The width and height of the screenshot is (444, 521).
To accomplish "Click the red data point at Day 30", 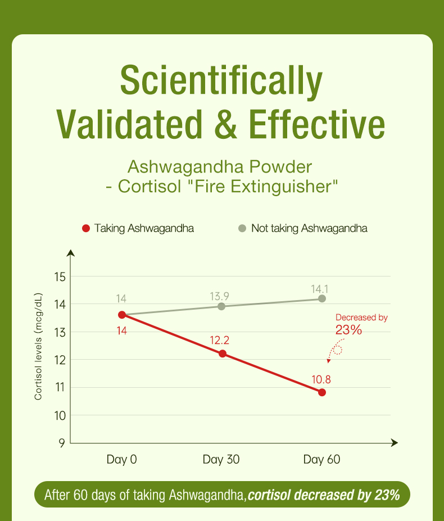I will pyautogui.click(x=223, y=354).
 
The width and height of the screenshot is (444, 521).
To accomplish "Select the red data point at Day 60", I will pyautogui.click(x=322, y=392).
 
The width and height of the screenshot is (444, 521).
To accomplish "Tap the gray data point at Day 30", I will pyautogui.click(x=221, y=306).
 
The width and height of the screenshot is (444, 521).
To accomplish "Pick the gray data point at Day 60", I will pyautogui.click(x=322, y=298).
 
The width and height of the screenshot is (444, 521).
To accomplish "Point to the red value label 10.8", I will pyautogui.click(x=320, y=379).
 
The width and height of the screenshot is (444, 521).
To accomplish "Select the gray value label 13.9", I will pyautogui.click(x=219, y=296).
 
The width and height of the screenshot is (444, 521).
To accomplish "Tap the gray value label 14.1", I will pyautogui.click(x=320, y=288).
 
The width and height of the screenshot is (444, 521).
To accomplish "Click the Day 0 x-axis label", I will pyautogui.click(x=122, y=460).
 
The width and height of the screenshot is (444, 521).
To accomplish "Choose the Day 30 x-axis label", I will pyautogui.click(x=221, y=460).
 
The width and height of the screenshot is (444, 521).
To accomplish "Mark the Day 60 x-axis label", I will pyautogui.click(x=322, y=460).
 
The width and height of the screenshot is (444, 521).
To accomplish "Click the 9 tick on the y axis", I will pyautogui.click(x=61, y=443).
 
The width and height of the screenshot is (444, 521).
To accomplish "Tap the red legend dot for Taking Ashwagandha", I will pyautogui.click(x=86, y=228).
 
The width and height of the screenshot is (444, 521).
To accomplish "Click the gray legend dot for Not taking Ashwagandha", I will pyautogui.click(x=242, y=228).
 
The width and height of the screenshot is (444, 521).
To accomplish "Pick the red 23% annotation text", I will pyautogui.click(x=348, y=330).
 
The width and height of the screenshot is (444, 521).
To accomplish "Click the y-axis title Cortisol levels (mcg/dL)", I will pyautogui.click(x=39, y=347).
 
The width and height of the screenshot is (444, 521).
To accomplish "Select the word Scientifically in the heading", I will pyautogui.click(x=222, y=81).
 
